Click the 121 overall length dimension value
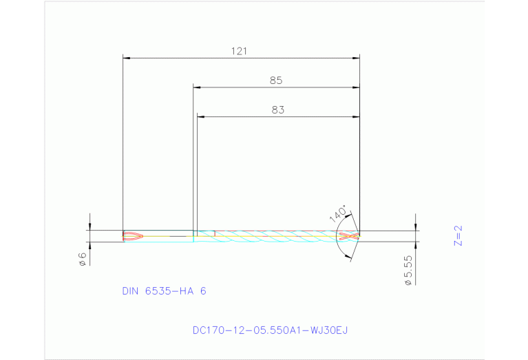tap(240, 51)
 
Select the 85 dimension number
tap(276, 81)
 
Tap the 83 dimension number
tap(277, 109)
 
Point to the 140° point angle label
tap(337, 213)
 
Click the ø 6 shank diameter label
tap(82, 259)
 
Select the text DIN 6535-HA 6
tap(164, 291)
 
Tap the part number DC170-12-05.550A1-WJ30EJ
tap(270, 330)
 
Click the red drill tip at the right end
tap(349, 236)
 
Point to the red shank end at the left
tap(133, 236)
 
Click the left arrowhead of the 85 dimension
tap(196, 87)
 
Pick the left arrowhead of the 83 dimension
tap(200, 117)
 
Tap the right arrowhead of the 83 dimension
tap(357, 117)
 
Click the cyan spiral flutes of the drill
tap(275, 236)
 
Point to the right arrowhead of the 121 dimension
tap(357, 59)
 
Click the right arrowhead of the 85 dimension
tap(357, 87)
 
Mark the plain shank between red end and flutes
tap(169, 236)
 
